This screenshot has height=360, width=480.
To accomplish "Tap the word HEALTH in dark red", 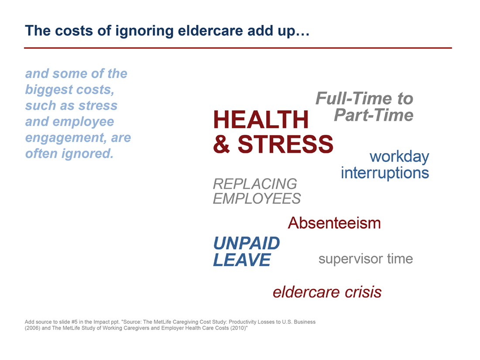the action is pyautogui.click(x=261, y=120).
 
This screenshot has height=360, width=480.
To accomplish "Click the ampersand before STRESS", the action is pyautogui.click(x=222, y=144).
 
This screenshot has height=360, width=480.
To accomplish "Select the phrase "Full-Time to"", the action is pyautogui.click(x=364, y=98).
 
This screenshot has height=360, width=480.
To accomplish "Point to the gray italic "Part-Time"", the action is pyautogui.click(x=374, y=115).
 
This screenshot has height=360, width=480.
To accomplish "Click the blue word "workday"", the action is pyautogui.click(x=399, y=157).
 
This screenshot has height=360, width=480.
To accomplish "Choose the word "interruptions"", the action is pyautogui.click(x=385, y=173).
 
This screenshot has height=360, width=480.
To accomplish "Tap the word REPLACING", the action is pyautogui.click(x=255, y=184).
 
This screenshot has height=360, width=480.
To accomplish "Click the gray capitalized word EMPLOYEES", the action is pyautogui.click(x=257, y=199).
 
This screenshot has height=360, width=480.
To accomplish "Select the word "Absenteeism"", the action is pyautogui.click(x=334, y=223).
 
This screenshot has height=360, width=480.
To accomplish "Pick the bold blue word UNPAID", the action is pyautogui.click(x=247, y=243).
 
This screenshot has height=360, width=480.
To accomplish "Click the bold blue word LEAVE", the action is pyautogui.click(x=242, y=260).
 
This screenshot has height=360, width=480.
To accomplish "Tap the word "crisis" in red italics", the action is pyautogui.click(x=363, y=292).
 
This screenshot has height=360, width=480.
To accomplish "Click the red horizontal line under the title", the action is pyautogui.click(x=238, y=48).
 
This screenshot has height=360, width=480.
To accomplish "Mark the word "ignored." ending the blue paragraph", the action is pyautogui.click(x=88, y=154).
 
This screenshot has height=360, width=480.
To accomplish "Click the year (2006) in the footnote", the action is pyautogui.click(x=32, y=328).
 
